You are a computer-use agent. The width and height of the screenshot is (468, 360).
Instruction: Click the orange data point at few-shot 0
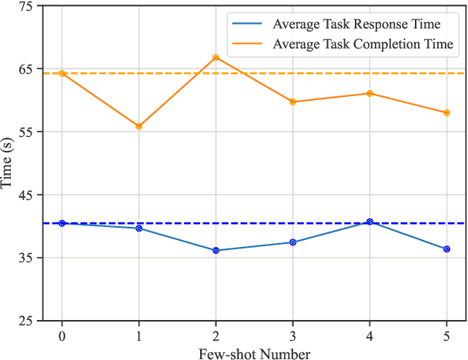coord(62,73)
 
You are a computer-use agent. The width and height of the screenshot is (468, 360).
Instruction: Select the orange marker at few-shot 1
coord(139,125)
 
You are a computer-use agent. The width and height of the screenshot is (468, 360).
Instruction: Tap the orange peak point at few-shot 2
coord(216,58)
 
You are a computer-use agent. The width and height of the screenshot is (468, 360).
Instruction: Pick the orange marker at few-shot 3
coord(292,102)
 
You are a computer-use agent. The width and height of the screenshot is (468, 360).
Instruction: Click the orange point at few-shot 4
coord(369,93)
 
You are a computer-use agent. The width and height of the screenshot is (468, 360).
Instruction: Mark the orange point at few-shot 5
coord(446,112)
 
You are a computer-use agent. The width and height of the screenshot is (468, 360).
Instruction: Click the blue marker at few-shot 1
coord(139,228)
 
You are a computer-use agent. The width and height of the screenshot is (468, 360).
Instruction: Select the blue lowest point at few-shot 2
coord(216,250)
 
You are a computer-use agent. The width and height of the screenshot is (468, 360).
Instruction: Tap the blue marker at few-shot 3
coord(292,242)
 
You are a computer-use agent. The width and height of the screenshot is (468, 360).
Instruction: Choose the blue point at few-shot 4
coord(369,222)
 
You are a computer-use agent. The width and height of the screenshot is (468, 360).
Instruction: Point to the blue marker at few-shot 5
coord(446,248)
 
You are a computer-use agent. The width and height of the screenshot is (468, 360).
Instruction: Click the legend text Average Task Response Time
coord(356,25)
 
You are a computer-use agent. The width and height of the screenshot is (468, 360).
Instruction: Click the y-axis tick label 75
coord(24,6)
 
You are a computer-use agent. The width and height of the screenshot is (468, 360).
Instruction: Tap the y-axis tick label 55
coord(24,132)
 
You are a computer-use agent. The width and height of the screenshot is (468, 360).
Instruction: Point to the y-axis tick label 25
coord(24,321)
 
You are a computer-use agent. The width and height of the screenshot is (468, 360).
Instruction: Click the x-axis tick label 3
coord(292,337)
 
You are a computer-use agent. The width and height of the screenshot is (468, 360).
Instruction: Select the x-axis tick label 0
coord(62,337)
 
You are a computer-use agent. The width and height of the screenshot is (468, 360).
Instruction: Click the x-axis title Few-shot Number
coord(254,353)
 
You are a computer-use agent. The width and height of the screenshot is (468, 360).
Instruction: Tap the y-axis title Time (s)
coord(7,163)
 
